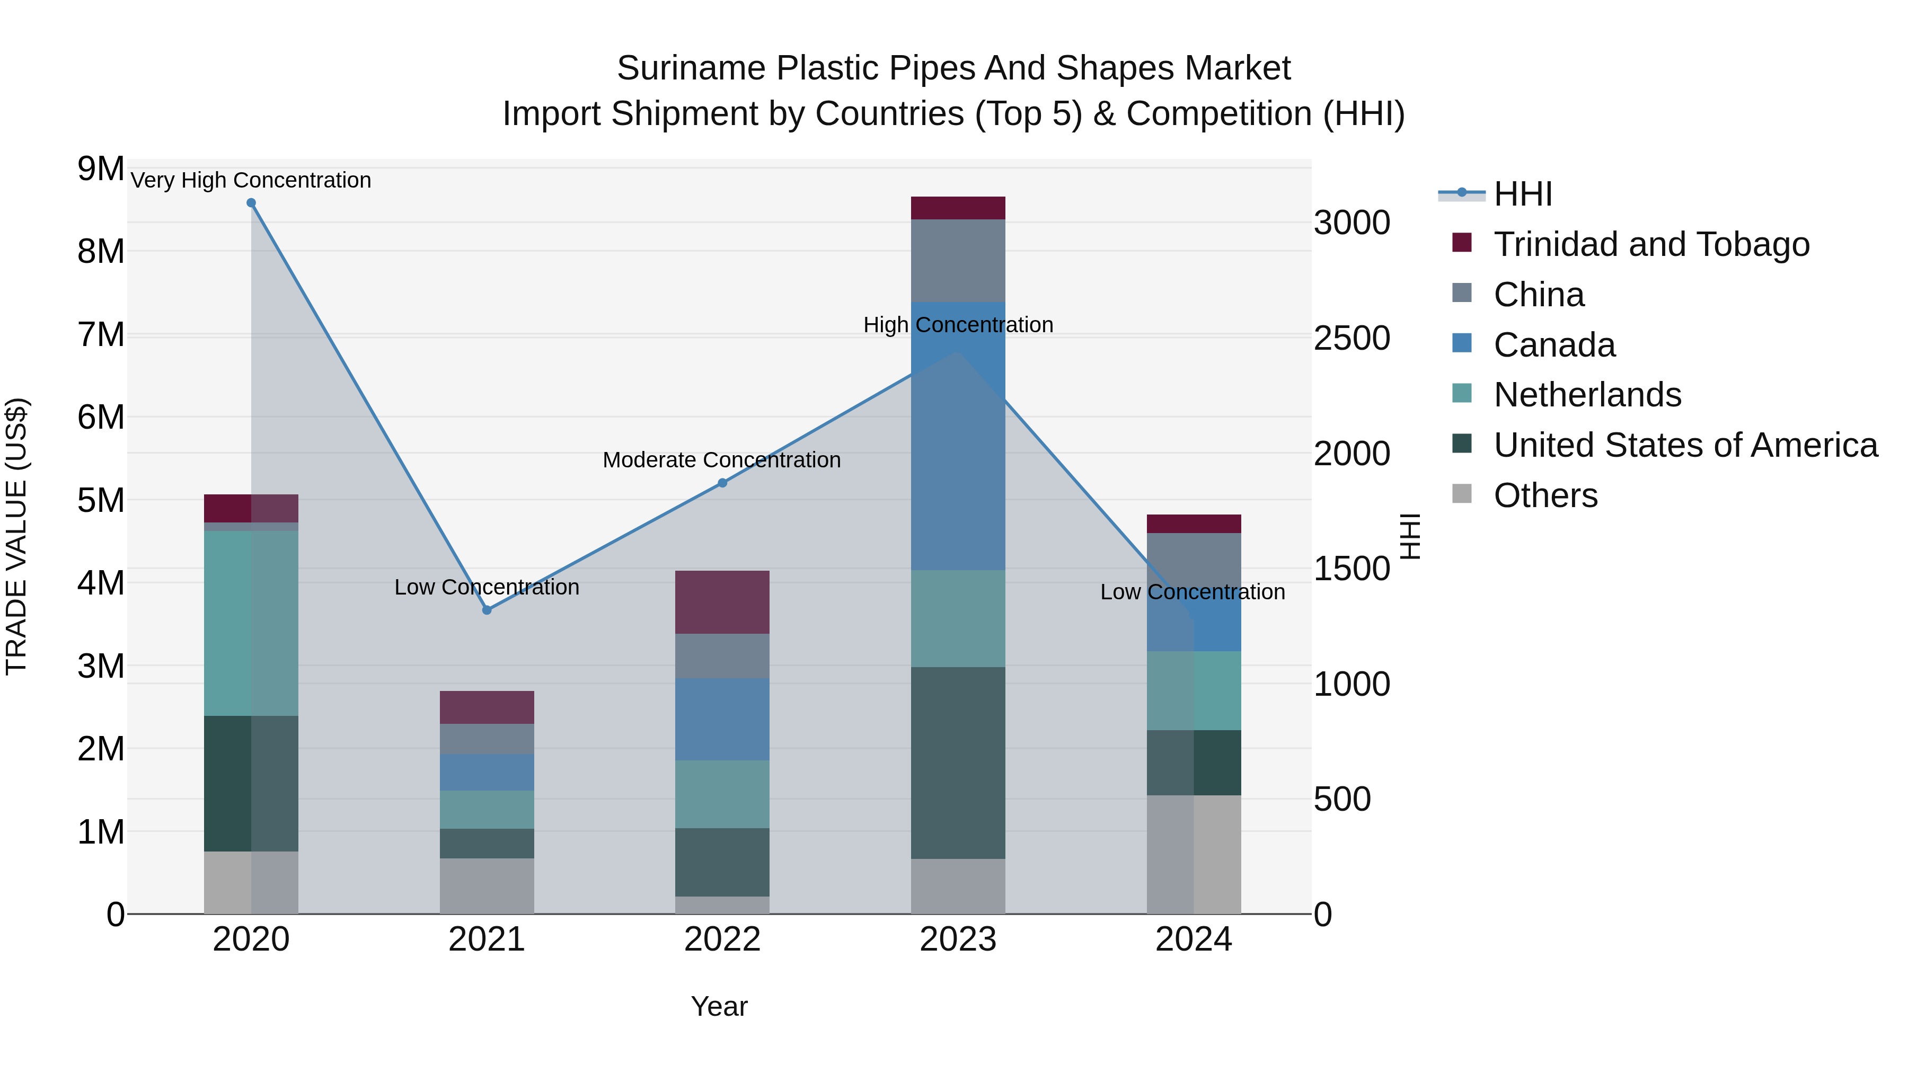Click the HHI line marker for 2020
tap(251, 203)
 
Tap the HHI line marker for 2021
tap(487, 610)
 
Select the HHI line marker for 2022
tap(722, 483)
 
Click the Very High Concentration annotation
tap(251, 180)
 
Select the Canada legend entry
tap(1554, 345)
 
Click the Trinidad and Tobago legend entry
tap(1651, 244)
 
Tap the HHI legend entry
tap(1522, 194)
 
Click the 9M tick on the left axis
tap(101, 169)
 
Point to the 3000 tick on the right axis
tap(1351, 223)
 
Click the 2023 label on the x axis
tap(958, 939)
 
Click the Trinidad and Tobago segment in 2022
tap(722, 602)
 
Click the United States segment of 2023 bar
tap(958, 762)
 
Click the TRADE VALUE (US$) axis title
tap(16, 536)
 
